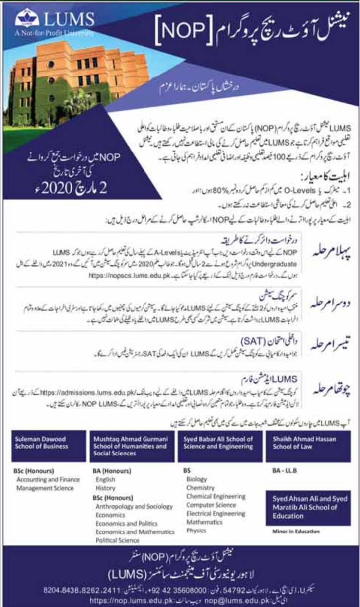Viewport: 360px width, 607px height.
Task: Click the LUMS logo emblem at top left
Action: point(26,19)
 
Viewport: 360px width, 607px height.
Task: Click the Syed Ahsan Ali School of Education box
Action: point(310,508)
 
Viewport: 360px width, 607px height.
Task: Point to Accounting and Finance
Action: point(48,480)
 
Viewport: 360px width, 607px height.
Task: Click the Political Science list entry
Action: point(118,540)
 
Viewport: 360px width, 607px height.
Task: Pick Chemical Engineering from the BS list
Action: point(216,496)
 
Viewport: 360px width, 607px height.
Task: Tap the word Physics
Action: point(196,531)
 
